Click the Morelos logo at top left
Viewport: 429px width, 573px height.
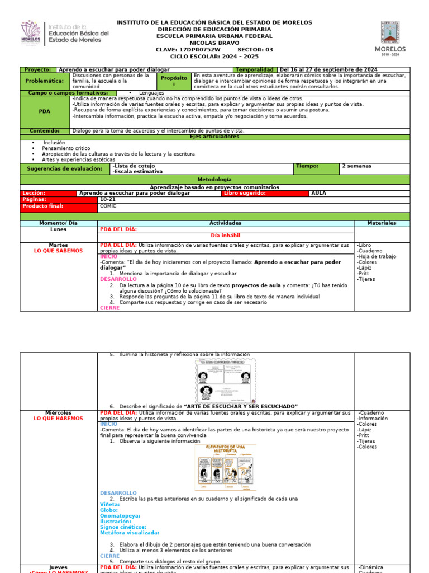tap(31, 34)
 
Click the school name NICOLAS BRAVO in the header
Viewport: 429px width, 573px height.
tap(214, 43)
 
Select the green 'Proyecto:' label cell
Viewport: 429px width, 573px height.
tap(38, 70)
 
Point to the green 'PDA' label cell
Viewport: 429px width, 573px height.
tap(45, 111)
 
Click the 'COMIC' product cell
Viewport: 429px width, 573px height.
tap(108, 206)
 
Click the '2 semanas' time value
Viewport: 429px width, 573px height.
tap(357, 166)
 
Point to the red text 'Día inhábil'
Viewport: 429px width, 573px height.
tap(226, 236)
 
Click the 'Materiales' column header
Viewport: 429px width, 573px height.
tap(382, 223)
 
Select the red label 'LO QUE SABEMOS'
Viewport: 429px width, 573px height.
tap(58, 251)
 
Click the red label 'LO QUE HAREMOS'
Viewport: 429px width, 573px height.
tap(58, 419)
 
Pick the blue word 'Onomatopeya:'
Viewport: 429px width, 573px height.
tap(120, 516)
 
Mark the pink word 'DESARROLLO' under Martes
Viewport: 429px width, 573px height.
tap(118, 279)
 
